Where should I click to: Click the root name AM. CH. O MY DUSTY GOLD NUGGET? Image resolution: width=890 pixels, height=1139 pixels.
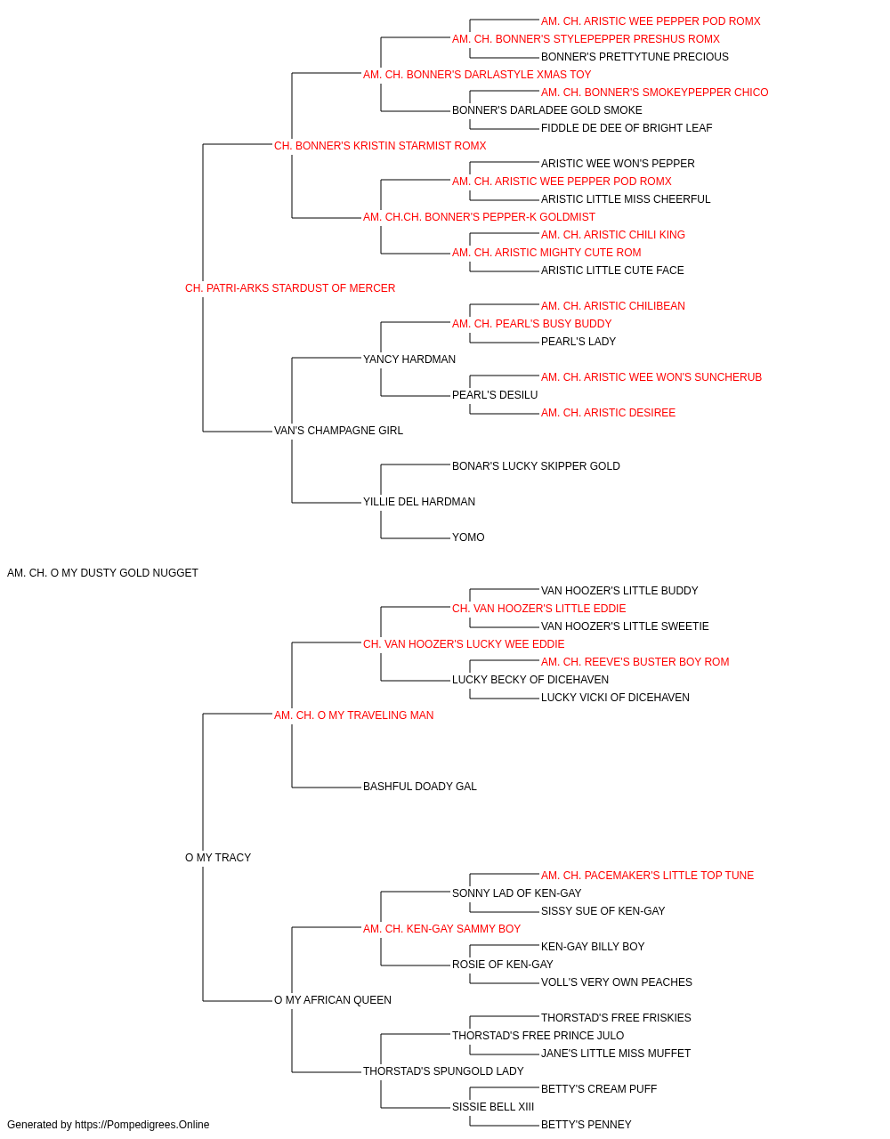(x=102, y=573)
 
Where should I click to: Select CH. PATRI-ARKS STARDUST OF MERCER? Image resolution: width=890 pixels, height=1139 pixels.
(x=290, y=288)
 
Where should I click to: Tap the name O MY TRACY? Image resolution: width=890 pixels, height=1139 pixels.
(x=218, y=858)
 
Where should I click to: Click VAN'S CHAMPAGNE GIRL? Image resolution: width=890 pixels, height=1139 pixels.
(x=338, y=431)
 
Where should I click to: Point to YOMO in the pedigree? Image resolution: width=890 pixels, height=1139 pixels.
(x=468, y=537)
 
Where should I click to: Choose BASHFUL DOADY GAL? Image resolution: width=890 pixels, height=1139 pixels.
(x=420, y=787)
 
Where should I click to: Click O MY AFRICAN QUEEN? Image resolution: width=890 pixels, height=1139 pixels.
(x=332, y=1000)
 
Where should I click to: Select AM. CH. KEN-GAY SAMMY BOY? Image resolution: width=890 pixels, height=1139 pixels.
(x=441, y=929)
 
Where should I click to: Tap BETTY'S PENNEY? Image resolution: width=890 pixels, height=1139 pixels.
(x=586, y=1125)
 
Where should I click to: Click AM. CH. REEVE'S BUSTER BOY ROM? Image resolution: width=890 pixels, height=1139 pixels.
(x=635, y=662)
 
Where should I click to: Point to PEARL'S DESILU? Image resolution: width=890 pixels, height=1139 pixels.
(x=495, y=395)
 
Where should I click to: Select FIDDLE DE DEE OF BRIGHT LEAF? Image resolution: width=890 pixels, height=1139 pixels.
(x=627, y=128)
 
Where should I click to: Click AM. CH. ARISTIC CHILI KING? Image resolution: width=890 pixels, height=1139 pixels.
(x=612, y=235)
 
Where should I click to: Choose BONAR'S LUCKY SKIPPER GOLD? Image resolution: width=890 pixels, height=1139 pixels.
(x=536, y=466)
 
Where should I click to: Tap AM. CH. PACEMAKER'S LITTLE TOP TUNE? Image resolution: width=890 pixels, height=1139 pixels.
(x=647, y=876)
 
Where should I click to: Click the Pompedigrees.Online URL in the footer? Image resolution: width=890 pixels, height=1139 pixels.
(x=142, y=1125)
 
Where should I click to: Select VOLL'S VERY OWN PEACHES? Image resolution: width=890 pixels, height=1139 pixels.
(x=617, y=982)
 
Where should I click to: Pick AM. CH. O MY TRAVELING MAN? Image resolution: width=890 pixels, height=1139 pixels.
(x=354, y=715)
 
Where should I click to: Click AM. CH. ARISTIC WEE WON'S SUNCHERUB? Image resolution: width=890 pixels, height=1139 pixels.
(x=651, y=377)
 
